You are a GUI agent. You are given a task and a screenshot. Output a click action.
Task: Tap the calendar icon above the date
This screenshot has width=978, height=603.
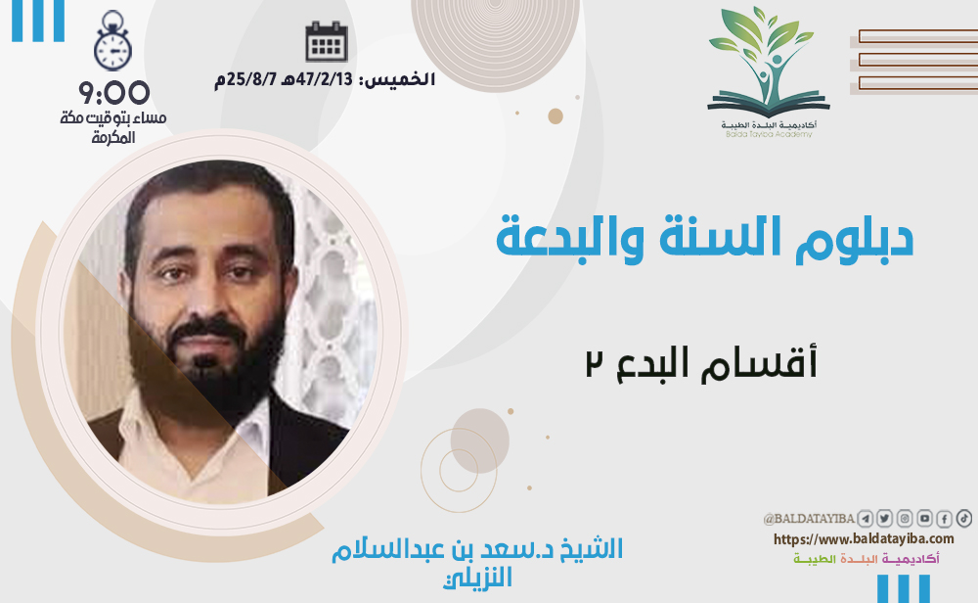[x=327, y=41]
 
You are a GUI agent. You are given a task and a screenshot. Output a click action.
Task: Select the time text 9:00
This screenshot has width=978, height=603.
[x=113, y=93]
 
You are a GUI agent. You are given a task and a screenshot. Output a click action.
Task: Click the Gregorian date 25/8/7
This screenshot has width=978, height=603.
[x=245, y=80]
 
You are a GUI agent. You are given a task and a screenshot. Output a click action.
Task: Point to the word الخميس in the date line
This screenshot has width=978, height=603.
[x=399, y=79]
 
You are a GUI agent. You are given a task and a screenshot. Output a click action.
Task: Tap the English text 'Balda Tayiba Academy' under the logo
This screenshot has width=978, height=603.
[x=769, y=134]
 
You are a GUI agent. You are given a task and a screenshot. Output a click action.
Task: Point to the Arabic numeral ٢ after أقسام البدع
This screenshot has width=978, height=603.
[x=594, y=363]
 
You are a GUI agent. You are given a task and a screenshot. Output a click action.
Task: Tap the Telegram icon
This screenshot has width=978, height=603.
[x=865, y=518]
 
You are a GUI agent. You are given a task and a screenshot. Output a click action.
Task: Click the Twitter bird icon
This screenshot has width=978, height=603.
[x=884, y=518]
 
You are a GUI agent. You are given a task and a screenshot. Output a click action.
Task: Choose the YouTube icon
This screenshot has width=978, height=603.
[x=924, y=518]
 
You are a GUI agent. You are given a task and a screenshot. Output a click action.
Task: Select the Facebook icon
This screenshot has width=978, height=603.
[x=945, y=518]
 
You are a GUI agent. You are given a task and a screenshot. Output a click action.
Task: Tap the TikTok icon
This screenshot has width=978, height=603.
[x=964, y=518]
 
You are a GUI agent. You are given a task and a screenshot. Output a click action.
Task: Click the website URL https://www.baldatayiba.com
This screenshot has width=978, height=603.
[x=864, y=538]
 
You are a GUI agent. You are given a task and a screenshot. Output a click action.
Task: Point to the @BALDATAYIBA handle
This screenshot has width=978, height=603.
[x=809, y=519]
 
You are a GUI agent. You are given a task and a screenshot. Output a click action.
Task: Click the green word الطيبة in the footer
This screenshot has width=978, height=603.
[x=814, y=559]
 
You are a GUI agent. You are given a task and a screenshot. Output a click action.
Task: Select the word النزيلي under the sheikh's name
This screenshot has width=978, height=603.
[x=478, y=578]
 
